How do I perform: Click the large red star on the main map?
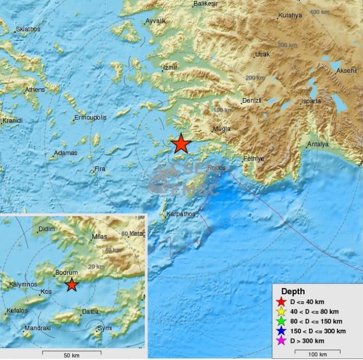[180, 143]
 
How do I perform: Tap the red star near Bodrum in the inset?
[72, 285]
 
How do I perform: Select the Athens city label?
[35, 90]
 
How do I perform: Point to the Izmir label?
[171, 68]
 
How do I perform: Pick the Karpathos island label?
[180, 214]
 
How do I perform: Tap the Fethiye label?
[254, 158]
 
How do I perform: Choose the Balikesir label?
[205, 4]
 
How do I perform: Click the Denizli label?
[251, 101]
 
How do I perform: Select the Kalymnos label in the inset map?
[21, 285]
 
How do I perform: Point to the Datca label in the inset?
[90, 312]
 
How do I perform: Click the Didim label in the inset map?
[47, 230]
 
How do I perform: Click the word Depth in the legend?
[293, 292]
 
